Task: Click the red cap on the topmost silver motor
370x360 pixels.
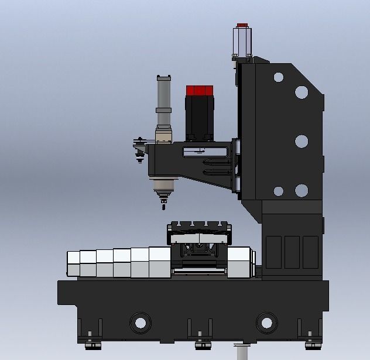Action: point(242,26)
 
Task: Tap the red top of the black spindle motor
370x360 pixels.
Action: point(199,91)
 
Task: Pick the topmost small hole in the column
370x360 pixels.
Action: point(279,77)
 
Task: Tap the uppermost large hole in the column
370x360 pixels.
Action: point(302,92)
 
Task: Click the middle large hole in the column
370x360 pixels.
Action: point(302,141)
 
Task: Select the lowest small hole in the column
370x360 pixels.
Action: point(279,191)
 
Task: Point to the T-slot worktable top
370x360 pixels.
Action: point(198,226)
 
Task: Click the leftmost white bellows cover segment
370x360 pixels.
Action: point(73,265)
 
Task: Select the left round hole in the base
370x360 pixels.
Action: point(140,322)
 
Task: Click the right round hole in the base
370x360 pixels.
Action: point(266,322)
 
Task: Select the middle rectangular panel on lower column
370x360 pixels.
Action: point(292,252)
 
